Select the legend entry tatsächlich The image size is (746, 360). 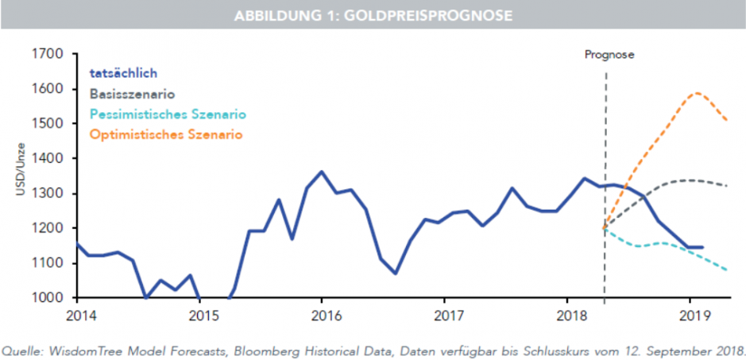tap(123, 74)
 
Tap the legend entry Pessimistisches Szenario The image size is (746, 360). tap(168, 114)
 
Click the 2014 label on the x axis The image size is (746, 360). tap(77, 314)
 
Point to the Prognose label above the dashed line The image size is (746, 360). tap(609, 55)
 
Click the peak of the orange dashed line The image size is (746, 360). tap(697, 93)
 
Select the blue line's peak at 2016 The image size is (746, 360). tap(321, 172)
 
